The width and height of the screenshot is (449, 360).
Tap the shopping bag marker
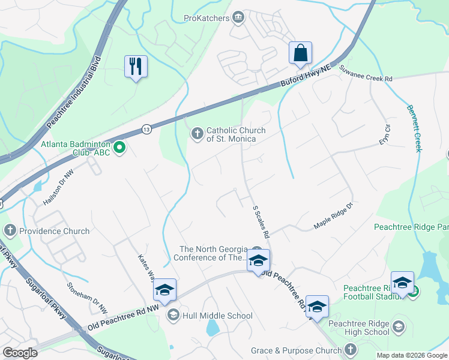300,52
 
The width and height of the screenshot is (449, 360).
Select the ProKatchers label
206,18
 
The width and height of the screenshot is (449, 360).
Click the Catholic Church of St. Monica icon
197,134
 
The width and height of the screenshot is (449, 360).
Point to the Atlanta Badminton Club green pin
119,146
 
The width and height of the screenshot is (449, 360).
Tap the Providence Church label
54,231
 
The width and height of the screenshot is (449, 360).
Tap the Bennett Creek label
414,129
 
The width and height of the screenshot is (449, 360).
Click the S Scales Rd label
262,221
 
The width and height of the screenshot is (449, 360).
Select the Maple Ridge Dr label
336,219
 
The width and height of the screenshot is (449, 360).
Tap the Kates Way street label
147,266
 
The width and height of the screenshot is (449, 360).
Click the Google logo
20,353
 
